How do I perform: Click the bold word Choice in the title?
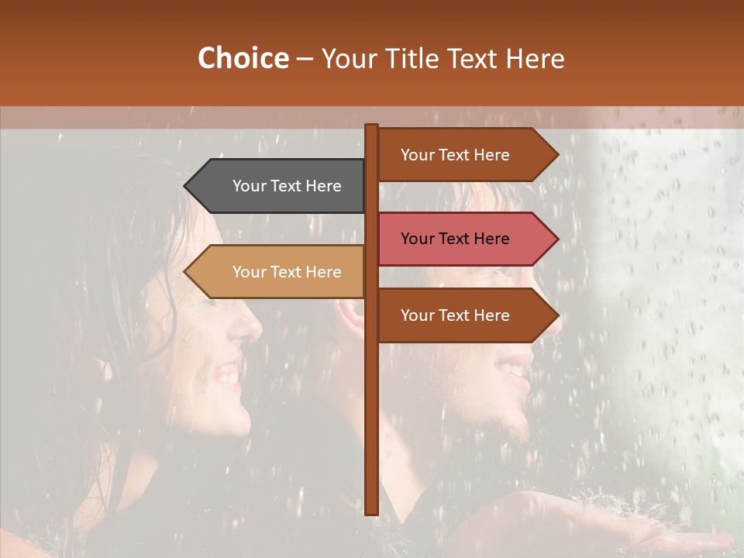tap(243, 58)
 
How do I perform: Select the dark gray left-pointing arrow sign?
tap(279, 186)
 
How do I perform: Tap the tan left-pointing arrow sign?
tap(279, 272)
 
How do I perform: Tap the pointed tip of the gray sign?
tap(187, 186)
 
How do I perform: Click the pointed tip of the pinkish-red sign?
tap(556, 239)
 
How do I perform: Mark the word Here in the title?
tap(536, 59)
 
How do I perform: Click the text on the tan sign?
tap(287, 272)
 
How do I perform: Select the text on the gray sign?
tap(287, 186)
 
